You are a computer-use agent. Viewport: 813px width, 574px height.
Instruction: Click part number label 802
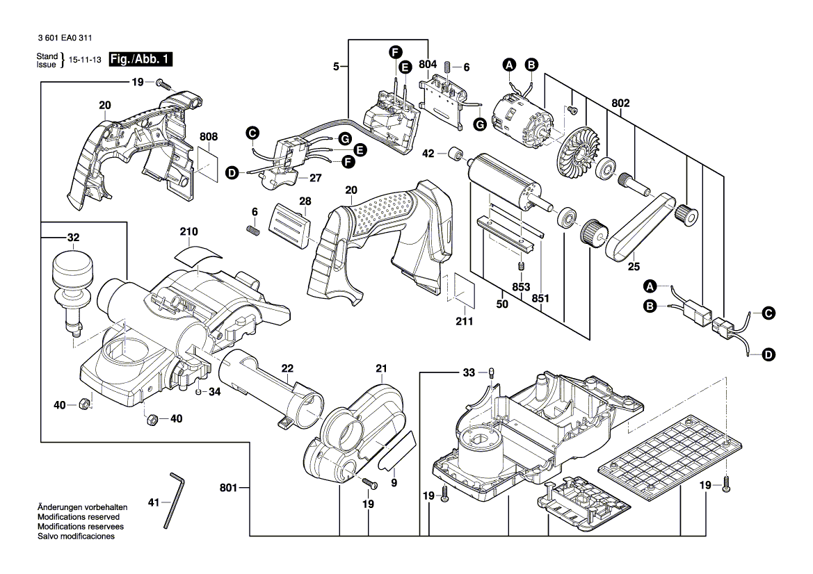(620, 103)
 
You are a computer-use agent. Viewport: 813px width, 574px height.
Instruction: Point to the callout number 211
(464, 322)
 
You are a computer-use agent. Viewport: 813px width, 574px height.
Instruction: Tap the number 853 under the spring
(521, 288)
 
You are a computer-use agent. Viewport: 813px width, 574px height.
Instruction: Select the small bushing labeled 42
(458, 154)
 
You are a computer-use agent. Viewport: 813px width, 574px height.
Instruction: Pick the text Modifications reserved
(78, 517)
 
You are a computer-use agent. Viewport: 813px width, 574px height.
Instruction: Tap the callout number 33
(469, 373)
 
